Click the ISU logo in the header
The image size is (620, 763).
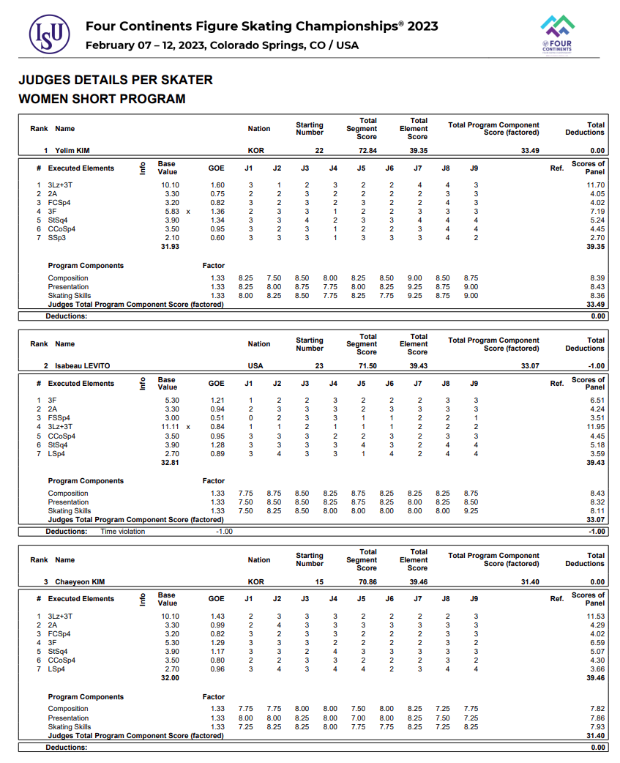[x=49, y=34]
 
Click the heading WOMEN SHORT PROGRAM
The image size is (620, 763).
[x=102, y=99]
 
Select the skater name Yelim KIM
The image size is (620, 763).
[x=72, y=150]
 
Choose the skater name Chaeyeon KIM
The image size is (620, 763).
[x=80, y=581]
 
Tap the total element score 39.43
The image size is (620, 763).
[x=418, y=365]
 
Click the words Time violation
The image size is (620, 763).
[x=123, y=532]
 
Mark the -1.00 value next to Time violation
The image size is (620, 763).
[x=223, y=532]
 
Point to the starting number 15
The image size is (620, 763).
[x=319, y=581]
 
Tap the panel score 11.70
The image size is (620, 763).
[x=594, y=185]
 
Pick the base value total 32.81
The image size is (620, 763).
[x=169, y=462]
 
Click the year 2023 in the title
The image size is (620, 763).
[x=422, y=26]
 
